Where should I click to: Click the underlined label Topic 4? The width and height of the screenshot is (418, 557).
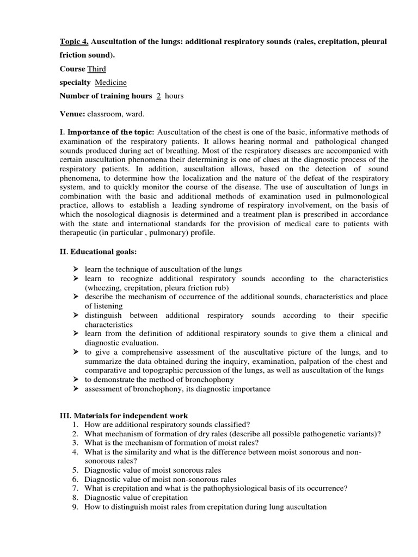74,42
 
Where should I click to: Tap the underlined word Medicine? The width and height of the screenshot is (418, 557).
111,83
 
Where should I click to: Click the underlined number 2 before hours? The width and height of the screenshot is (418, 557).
158,96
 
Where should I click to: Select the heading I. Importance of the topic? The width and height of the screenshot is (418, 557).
107,132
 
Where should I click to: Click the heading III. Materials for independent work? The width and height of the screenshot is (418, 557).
124,416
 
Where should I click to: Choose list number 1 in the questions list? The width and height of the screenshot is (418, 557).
75,424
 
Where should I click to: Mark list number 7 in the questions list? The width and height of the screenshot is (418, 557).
75,488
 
